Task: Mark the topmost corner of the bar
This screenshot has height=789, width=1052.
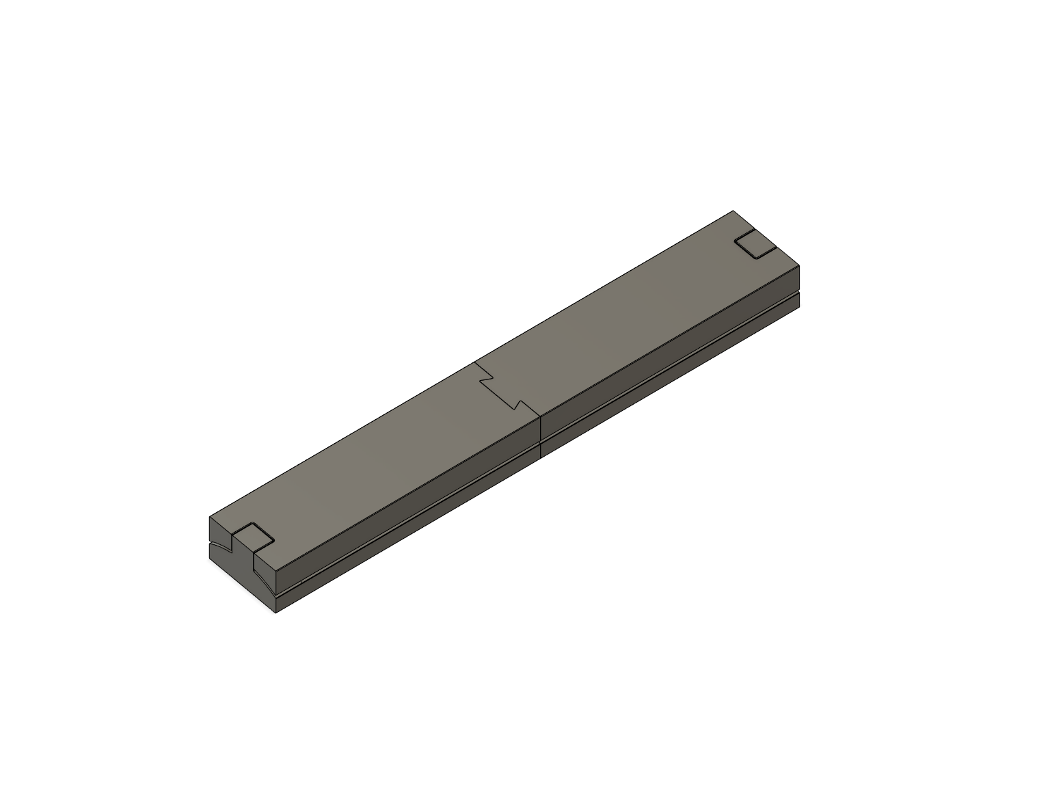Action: (733, 211)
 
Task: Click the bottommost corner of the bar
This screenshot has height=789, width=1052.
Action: (275, 613)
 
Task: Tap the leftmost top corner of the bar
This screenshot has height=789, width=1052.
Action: (208, 517)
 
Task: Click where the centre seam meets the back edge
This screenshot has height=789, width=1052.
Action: (476, 362)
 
